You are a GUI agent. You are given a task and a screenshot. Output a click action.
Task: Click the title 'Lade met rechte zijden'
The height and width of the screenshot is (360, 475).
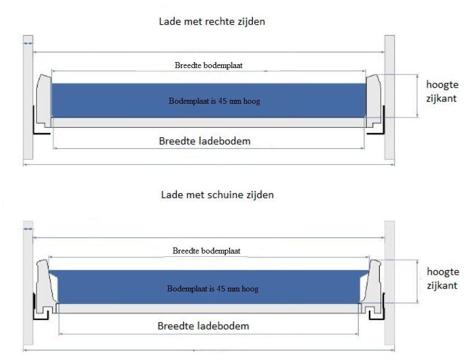pos(212,21)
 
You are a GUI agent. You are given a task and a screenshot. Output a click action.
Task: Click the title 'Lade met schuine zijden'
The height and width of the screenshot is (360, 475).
pos(217,195)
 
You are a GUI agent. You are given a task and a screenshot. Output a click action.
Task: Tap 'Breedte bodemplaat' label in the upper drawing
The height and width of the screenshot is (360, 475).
pos(208,65)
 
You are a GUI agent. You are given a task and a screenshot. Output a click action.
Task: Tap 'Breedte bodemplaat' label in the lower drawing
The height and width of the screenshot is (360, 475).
pos(206,251)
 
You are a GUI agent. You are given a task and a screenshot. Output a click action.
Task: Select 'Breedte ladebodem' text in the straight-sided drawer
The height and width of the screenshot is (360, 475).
pos(205,141)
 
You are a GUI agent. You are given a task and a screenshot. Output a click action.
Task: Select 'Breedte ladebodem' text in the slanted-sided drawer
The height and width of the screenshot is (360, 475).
pos(203,326)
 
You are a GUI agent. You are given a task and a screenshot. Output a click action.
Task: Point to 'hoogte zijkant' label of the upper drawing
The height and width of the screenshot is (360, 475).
pos(442,91)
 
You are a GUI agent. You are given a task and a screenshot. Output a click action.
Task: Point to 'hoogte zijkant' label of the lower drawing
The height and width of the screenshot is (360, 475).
pos(443,278)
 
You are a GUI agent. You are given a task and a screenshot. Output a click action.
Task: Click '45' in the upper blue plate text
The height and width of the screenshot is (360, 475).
pos(222,101)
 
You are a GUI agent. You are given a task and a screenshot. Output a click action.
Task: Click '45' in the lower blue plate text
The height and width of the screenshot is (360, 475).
pos(221,289)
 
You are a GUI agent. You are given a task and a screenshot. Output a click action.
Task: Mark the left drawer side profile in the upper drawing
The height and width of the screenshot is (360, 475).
pos(44,101)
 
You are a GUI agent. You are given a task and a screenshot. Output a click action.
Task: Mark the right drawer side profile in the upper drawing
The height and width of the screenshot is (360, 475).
pos(373,101)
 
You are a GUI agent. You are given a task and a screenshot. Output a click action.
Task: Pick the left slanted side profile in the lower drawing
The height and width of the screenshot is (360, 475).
pos(47,286)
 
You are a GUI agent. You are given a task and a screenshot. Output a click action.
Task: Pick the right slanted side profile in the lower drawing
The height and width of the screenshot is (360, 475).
pos(371,286)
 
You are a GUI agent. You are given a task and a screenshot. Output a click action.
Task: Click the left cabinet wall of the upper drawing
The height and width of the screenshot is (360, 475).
pos(28,97)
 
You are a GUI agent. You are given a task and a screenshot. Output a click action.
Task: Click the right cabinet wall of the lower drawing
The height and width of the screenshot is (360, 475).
pos(389,283)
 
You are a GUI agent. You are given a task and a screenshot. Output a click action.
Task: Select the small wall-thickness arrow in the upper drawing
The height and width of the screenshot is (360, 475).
pos(28,44)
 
